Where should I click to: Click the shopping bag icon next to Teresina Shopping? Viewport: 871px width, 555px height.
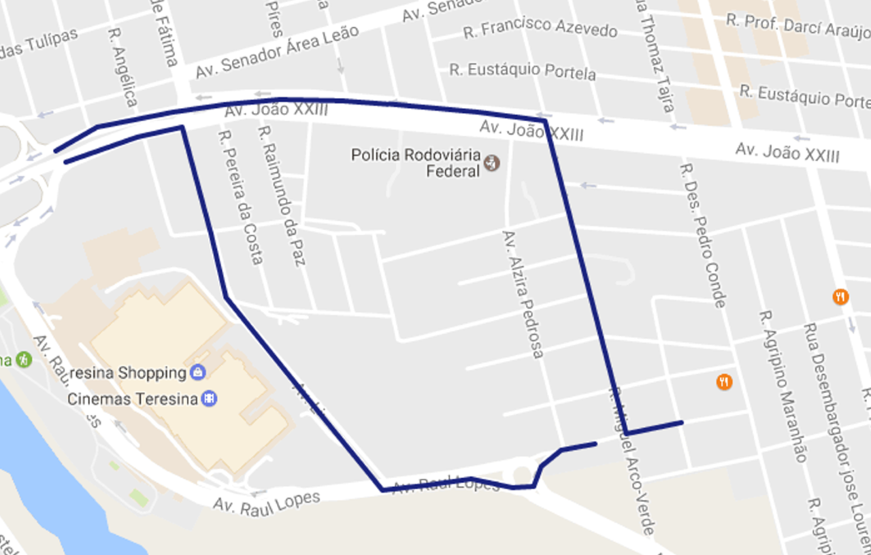click(197, 372)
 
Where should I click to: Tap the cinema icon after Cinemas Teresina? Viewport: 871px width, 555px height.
click(210, 399)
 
